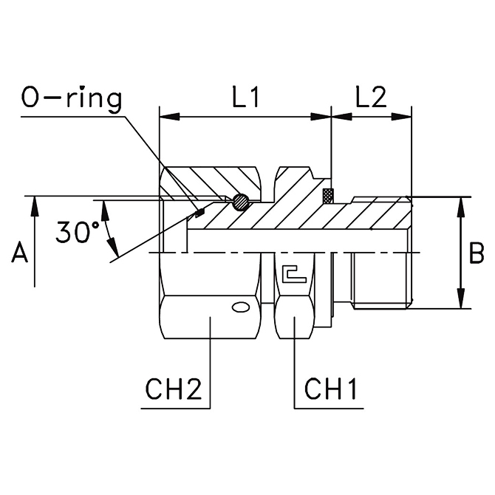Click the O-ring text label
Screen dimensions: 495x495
pyautogui.click(x=71, y=98)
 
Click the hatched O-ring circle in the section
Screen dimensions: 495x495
pyautogui.click(x=241, y=202)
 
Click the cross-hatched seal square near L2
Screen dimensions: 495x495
pyautogui.click(x=328, y=196)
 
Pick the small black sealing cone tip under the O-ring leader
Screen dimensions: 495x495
pyautogui.click(x=199, y=214)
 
